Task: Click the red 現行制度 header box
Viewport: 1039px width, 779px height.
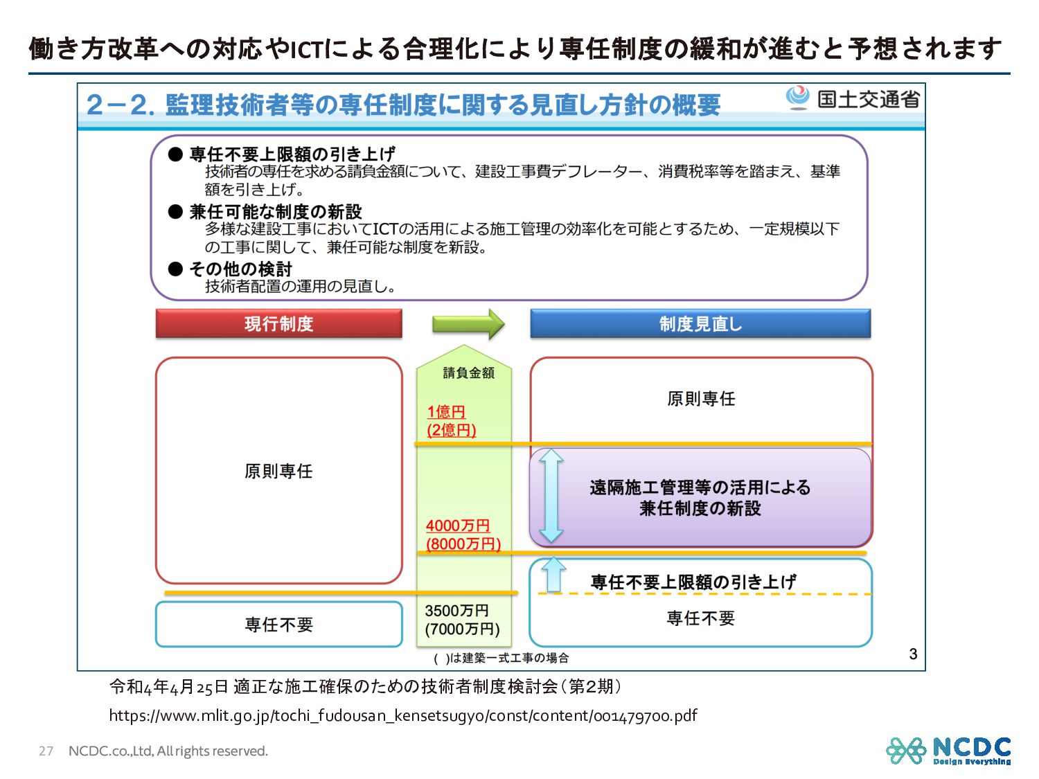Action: (278, 324)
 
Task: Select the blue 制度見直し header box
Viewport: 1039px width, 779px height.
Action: (700, 324)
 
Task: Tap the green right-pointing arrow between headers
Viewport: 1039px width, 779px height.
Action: (468, 324)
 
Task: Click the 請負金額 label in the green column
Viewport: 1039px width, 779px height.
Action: (469, 373)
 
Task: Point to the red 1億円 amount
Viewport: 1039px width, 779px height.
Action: (446, 412)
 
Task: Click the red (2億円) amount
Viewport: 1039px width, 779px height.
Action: (452, 430)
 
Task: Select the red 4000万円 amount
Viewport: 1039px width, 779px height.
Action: (458, 526)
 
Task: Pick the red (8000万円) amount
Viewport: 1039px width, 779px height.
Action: (463, 544)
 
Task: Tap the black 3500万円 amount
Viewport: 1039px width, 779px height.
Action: (457, 611)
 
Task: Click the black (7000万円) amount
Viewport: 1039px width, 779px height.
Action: (463, 629)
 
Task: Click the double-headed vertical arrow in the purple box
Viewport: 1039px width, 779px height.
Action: (551, 495)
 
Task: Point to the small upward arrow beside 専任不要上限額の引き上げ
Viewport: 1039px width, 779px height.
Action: (553, 574)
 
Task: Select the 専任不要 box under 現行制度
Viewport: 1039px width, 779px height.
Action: (278, 625)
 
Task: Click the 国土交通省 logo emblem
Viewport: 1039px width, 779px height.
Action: (798, 98)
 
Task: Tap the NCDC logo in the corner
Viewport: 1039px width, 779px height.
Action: (948, 751)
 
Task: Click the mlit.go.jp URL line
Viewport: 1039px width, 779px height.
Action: (403, 715)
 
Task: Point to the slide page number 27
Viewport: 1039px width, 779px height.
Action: (46, 751)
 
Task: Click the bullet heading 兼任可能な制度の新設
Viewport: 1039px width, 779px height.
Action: (276, 212)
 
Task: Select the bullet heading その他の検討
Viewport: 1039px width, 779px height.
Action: (241, 269)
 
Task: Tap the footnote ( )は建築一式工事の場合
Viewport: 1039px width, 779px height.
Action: (501, 658)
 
